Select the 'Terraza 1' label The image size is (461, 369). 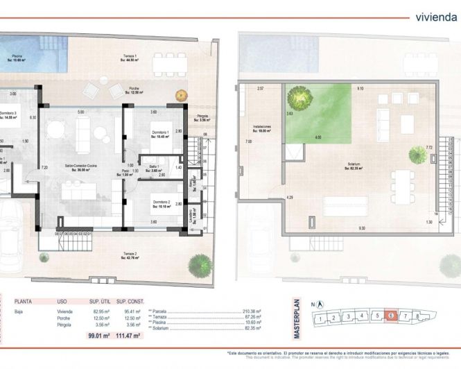click(131, 55)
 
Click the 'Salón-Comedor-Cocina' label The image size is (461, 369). click(80, 166)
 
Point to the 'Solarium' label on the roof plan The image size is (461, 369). click(358, 164)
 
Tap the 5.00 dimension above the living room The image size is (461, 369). click(80, 112)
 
